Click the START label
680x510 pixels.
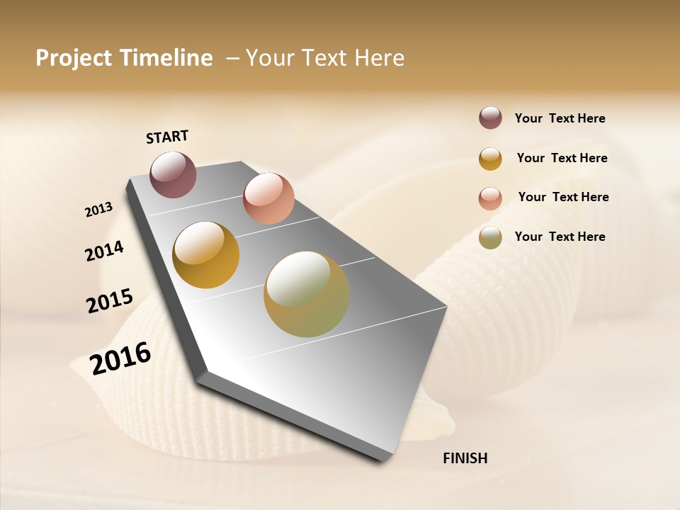pos(167,137)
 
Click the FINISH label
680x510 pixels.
pos(465,458)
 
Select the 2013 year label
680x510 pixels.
pos(98,210)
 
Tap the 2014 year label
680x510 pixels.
pos(104,251)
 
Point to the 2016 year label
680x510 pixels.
pos(120,358)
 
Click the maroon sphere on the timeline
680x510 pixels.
pos(174,174)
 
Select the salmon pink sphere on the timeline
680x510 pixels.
pos(268,198)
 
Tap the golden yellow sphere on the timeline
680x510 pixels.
pos(206,255)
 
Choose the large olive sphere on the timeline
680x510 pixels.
pos(307,294)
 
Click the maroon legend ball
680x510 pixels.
pos(490,118)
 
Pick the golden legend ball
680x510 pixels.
pos(490,159)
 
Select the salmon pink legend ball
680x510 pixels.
pos(490,198)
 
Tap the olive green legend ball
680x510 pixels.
pos(490,237)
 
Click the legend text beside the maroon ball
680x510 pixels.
pos(560,118)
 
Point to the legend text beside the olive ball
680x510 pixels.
pos(560,237)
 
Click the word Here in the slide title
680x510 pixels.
pos(380,58)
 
